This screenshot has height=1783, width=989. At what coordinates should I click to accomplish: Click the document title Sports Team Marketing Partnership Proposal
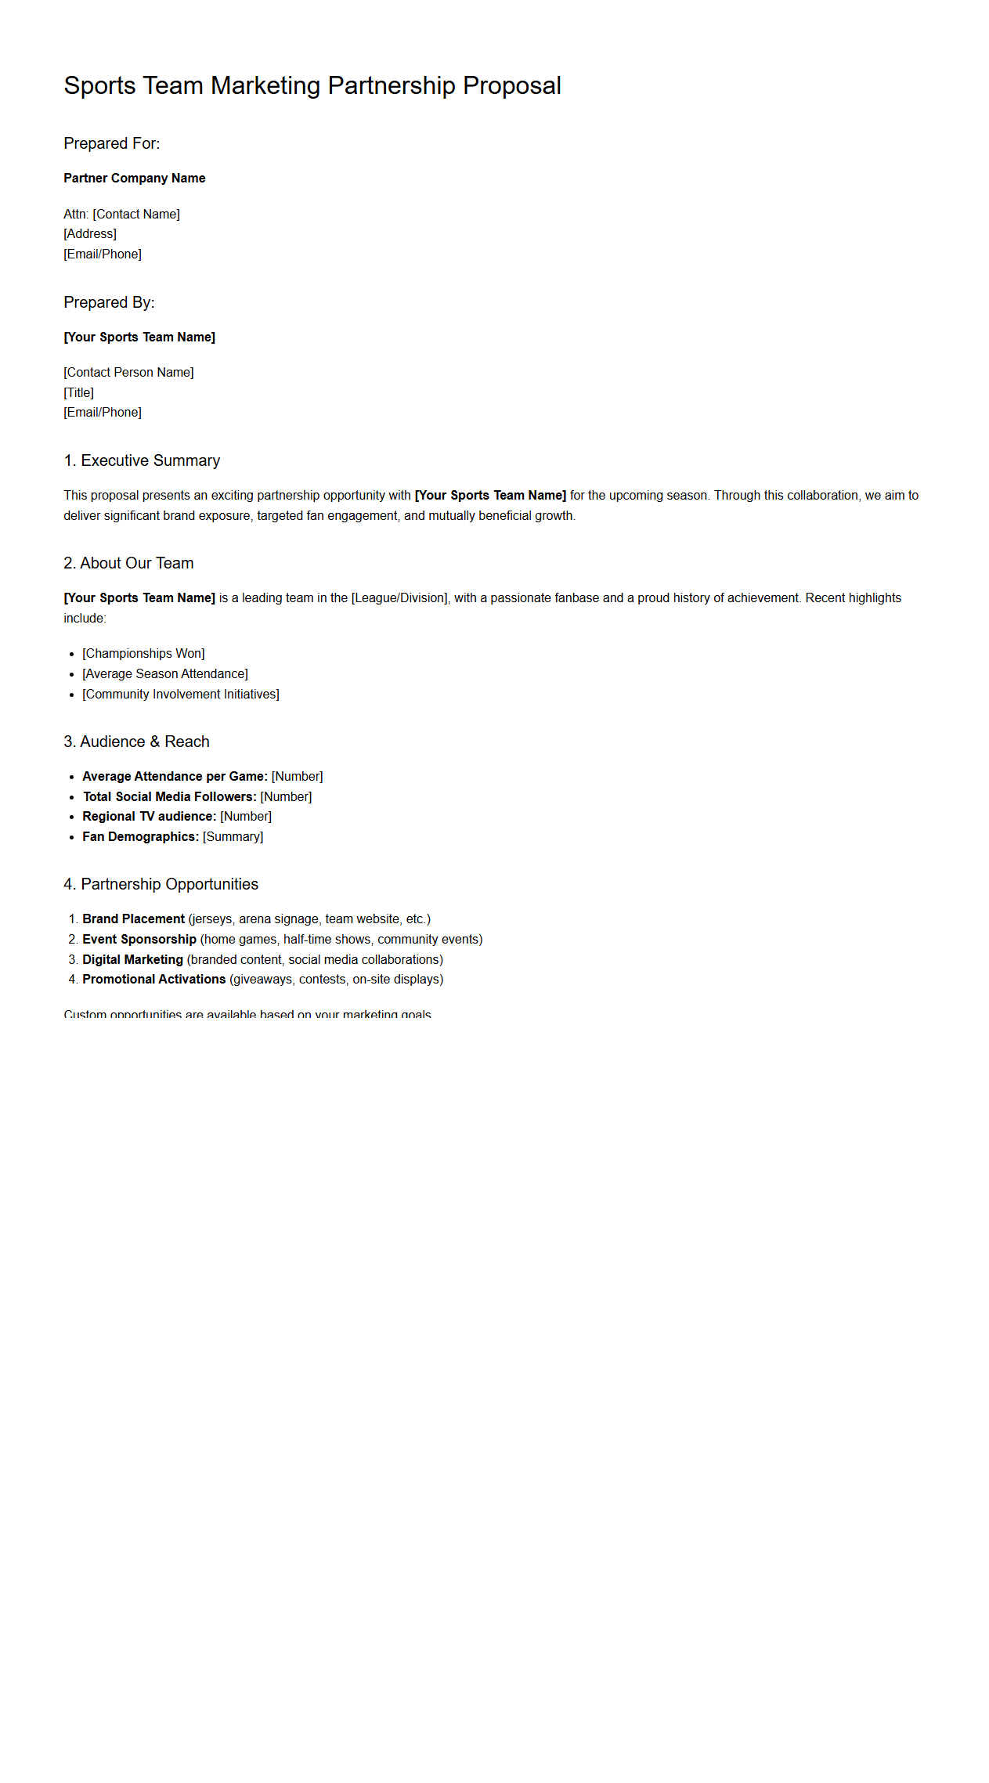(312, 85)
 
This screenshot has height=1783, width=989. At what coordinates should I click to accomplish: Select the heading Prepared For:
(111, 143)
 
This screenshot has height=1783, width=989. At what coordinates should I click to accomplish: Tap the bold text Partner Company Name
(134, 179)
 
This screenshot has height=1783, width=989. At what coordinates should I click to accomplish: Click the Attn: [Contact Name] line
(121, 214)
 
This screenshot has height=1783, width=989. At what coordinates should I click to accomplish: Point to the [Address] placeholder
(90, 233)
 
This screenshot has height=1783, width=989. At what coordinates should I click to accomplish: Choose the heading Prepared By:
(109, 302)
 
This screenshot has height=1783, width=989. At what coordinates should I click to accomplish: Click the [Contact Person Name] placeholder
(128, 372)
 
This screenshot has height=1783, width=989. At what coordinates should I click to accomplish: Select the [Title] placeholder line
(78, 392)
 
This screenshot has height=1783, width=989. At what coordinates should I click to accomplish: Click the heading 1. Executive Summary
(142, 460)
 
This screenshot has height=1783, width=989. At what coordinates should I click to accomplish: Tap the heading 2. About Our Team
(128, 563)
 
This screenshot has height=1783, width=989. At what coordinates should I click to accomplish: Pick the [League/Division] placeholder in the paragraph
(399, 598)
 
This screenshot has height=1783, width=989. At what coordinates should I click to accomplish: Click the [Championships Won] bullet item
(143, 653)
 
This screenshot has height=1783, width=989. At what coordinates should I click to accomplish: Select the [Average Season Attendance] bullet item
(164, 673)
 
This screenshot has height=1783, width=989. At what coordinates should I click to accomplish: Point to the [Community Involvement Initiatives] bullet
(180, 694)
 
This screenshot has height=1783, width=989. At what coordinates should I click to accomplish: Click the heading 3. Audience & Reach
(136, 742)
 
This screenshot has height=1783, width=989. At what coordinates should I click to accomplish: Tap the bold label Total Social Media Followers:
(170, 796)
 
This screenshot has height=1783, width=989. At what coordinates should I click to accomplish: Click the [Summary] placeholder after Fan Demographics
(233, 836)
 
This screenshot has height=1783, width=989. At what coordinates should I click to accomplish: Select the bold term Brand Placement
(133, 919)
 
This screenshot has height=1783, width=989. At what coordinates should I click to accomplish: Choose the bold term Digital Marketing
(132, 959)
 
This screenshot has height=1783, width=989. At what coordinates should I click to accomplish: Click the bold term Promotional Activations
(153, 979)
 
